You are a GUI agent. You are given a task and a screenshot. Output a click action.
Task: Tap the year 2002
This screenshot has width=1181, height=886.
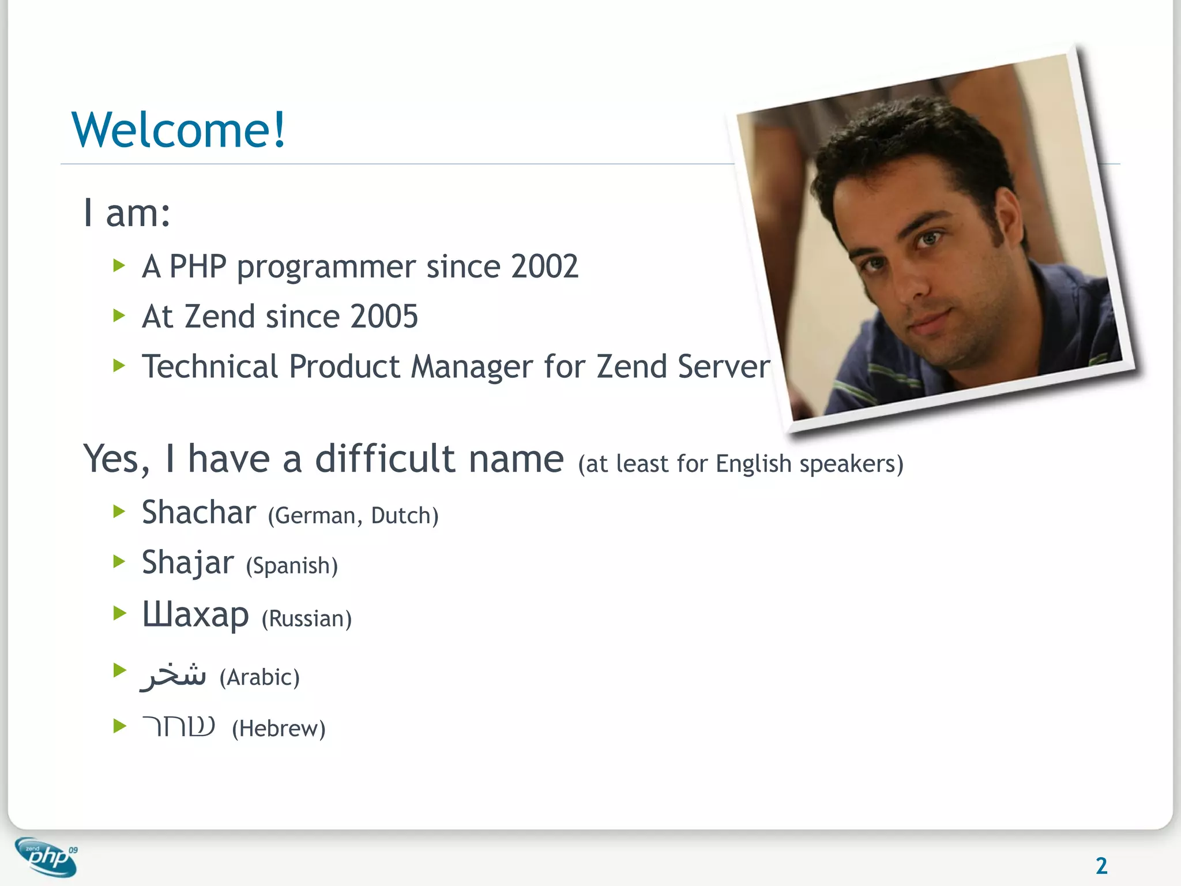tap(544, 266)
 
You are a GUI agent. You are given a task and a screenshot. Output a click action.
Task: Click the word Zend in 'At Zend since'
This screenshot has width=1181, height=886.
tap(219, 317)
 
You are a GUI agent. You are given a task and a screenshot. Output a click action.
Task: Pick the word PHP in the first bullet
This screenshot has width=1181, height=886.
tap(197, 266)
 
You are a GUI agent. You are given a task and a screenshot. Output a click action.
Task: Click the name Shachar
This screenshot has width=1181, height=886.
tap(198, 512)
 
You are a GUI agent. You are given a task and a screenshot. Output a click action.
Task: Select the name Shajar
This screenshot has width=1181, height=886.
tap(188, 563)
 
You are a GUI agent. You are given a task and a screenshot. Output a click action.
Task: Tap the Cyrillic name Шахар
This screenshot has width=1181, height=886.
tap(195, 614)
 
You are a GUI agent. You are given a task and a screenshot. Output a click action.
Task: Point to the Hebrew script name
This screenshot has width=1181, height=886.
tap(179, 726)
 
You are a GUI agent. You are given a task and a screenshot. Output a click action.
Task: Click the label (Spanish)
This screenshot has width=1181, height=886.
tap(292, 566)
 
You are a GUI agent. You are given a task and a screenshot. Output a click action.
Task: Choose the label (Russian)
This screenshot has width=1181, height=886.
tap(306, 619)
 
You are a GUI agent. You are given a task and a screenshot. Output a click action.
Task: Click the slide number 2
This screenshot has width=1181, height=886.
tap(1101, 866)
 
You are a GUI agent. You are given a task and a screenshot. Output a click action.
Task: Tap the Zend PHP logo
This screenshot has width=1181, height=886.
tap(47, 857)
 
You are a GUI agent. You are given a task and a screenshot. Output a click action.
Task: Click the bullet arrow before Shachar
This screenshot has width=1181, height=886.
tap(119, 511)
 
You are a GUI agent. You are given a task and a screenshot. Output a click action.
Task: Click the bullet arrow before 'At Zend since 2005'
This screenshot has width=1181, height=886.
tap(119, 316)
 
